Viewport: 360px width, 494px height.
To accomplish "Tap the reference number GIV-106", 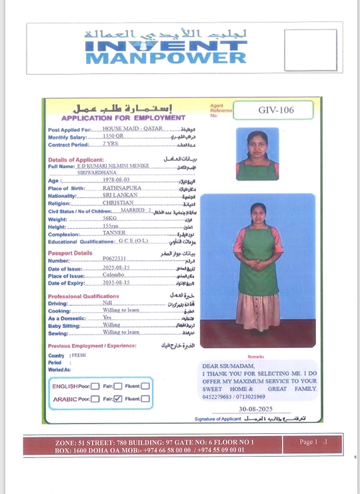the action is pyautogui.click(x=275, y=109).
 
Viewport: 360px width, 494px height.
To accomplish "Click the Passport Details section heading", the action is pyautogui.click(x=70, y=253).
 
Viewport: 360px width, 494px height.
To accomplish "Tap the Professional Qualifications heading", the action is pyautogui.click(x=83, y=296).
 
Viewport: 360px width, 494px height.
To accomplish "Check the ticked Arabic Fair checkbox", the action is pyautogui.click(x=118, y=399).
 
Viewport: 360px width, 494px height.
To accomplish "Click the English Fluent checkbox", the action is pyautogui.click(x=145, y=385).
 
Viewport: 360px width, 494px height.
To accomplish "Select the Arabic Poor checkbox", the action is pyautogui.click(x=95, y=399).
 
